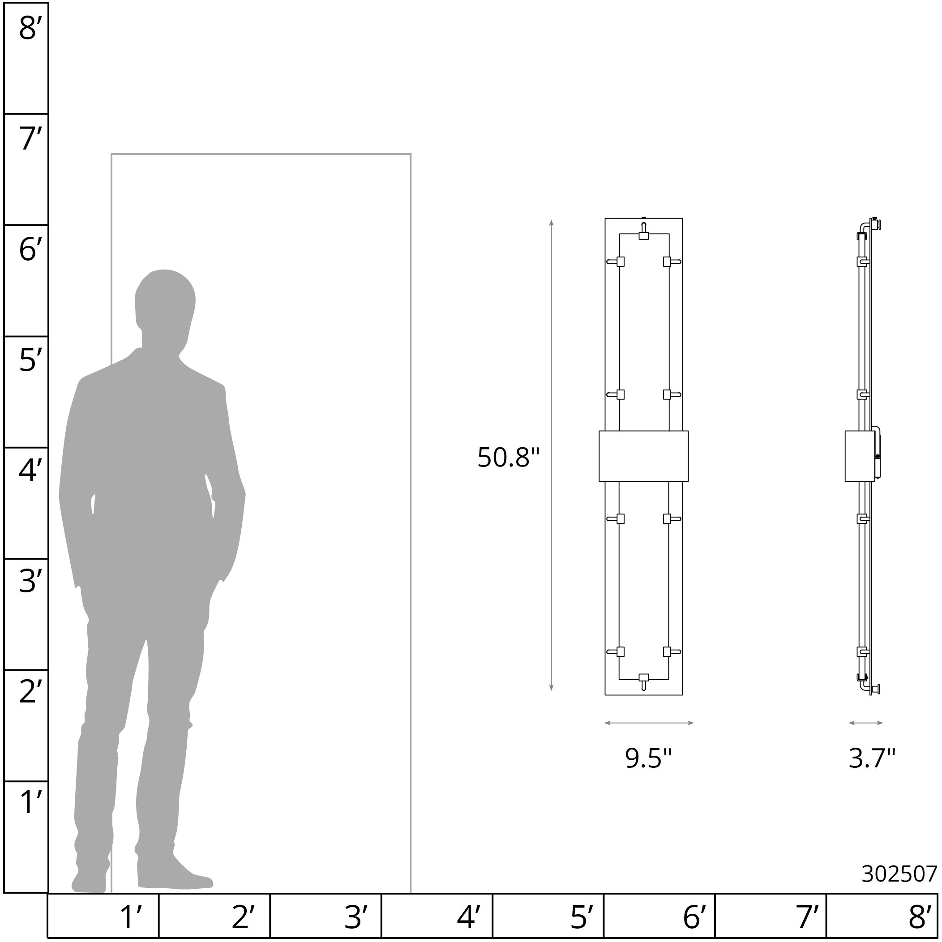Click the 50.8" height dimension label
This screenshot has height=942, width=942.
tap(508, 458)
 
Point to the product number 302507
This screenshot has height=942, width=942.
tap(899, 874)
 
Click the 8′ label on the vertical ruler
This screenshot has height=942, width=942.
tap(27, 28)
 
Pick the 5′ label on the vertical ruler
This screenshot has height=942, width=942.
tap(27, 360)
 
